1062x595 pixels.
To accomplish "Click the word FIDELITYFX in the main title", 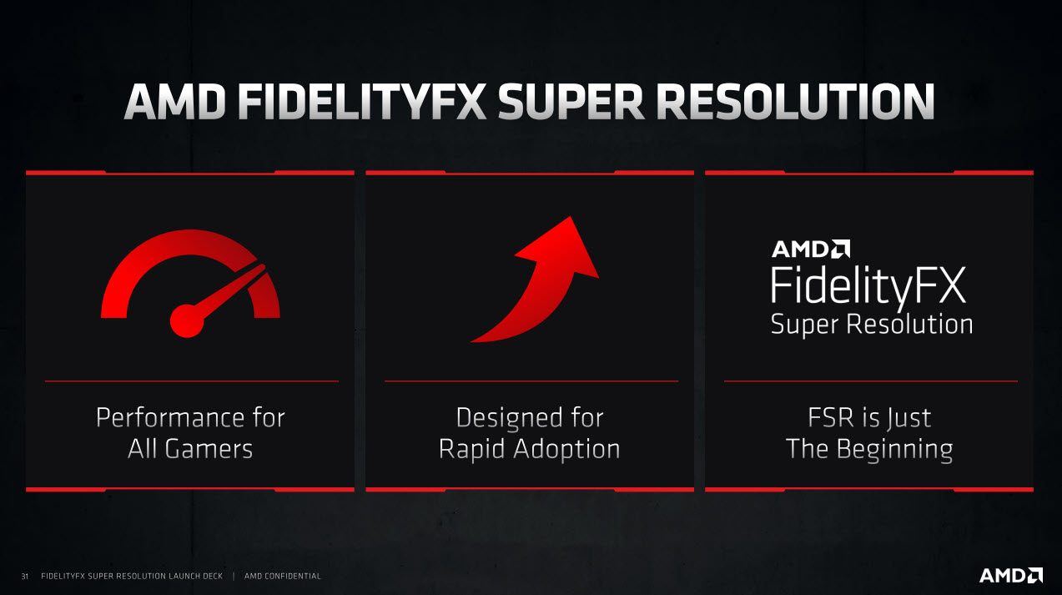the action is click(362, 102).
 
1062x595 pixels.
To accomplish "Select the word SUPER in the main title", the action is click(571, 102).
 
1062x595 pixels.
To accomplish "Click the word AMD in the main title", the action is click(175, 102).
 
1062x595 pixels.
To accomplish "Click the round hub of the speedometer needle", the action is click(187, 321).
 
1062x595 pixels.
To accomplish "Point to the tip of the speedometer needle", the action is click(264, 266).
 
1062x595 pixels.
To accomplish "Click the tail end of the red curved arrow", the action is click(471, 340).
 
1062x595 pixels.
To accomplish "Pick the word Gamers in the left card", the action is click(209, 449).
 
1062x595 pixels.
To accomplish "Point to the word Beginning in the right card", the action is click(895, 450).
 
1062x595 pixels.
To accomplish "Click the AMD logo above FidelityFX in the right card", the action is click(811, 249).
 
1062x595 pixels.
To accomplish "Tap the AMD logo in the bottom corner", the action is click(1011, 575).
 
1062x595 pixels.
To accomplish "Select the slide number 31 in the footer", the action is click(25, 577).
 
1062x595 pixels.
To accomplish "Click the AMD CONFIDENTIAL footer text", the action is click(283, 576).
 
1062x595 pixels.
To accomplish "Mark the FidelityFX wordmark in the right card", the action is click(868, 286).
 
